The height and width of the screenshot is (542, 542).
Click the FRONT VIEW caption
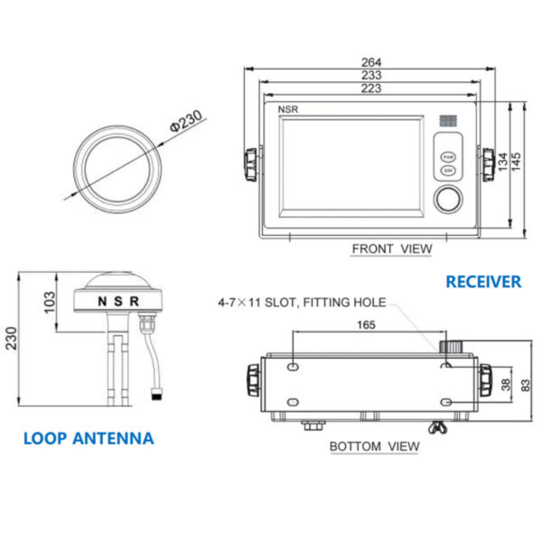pos(392,248)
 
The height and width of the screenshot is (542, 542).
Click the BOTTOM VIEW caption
pos(374,445)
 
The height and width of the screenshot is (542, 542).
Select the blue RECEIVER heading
pos(483,282)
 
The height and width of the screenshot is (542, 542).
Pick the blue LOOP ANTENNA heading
pos(89,439)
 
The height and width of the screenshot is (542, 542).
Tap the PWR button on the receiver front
pos(447,154)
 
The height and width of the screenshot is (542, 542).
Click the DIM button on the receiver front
pos(447,170)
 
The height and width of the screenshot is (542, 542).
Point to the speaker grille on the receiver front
pos(448,119)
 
